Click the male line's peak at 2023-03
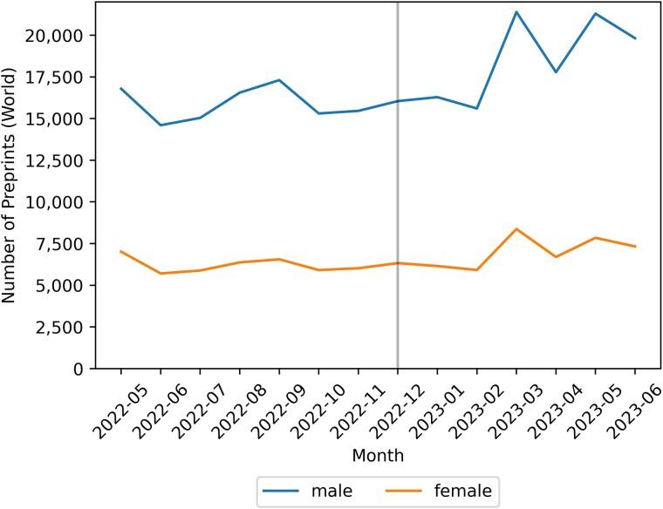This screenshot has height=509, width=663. tap(516, 12)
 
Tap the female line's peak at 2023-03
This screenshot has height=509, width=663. tap(516, 229)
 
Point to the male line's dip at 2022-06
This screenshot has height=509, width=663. tap(161, 126)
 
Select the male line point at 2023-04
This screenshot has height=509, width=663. tap(556, 72)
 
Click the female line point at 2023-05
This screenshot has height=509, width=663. tap(596, 238)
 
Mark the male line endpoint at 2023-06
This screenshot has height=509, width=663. tap(635, 38)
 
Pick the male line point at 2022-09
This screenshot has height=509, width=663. tap(279, 80)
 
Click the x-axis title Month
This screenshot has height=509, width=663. tap(378, 456)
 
